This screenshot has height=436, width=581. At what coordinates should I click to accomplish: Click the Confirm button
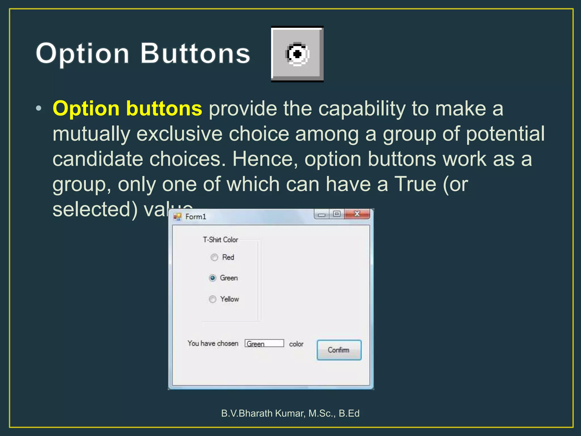339,350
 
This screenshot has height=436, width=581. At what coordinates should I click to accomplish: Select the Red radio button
214,257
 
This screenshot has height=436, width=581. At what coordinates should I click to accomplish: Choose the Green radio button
212,278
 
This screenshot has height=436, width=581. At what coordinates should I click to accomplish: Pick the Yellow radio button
212,299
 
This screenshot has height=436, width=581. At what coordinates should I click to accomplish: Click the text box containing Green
264,343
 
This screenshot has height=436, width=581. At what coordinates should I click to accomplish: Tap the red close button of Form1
357,214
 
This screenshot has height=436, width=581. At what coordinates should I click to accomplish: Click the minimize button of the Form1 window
322,215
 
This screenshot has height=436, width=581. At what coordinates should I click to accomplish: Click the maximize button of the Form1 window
337,214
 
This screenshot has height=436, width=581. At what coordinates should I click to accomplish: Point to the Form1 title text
196,217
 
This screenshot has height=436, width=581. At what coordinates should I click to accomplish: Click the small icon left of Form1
178,217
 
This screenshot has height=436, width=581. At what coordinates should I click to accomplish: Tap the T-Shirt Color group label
220,240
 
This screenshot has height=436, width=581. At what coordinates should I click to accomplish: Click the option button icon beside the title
297,54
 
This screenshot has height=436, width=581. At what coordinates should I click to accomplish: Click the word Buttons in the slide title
195,53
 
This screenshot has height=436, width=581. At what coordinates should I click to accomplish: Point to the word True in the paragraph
415,184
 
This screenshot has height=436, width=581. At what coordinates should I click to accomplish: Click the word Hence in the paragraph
265,159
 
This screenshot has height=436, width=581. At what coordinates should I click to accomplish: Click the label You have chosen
213,343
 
